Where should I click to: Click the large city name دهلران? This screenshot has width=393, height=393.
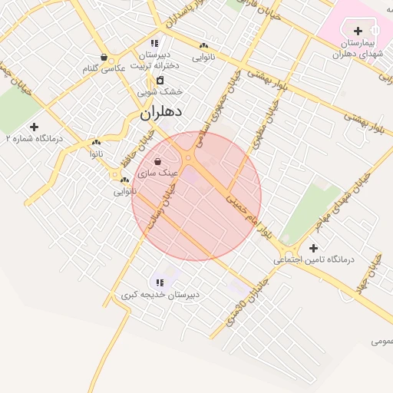pyautogui.click(x=161, y=112)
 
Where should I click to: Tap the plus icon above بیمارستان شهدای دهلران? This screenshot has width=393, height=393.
pyautogui.click(x=358, y=31)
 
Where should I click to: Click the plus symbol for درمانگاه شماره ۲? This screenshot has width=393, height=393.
pyautogui.click(x=34, y=127)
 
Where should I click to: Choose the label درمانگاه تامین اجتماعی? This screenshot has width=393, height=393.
pyautogui.click(x=315, y=260)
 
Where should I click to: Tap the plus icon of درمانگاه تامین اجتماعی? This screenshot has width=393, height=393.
pyautogui.click(x=313, y=248)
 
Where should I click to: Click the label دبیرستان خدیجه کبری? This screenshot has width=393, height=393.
pyautogui.click(x=160, y=295)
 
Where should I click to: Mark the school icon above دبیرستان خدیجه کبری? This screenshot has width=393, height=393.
pyautogui.click(x=160, y=282)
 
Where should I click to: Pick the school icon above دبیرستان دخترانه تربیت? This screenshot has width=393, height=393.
pyautogui.click(x=154, y=44)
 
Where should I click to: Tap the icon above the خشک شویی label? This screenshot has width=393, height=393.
pyautogui.click(x=160, y=80)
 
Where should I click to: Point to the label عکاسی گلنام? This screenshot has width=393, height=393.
pyautogui.click(x=104, y=69)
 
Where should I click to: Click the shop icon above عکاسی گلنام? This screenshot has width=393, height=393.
pyautogui.click(x=104, y=57)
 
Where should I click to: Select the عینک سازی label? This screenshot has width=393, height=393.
pyautogui.click(x=158, y=174)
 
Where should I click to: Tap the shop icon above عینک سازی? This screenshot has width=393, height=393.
pyautogui.click(x=157, y=162)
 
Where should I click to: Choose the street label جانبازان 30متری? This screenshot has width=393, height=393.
pyautogui.click(x=243, y=305)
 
